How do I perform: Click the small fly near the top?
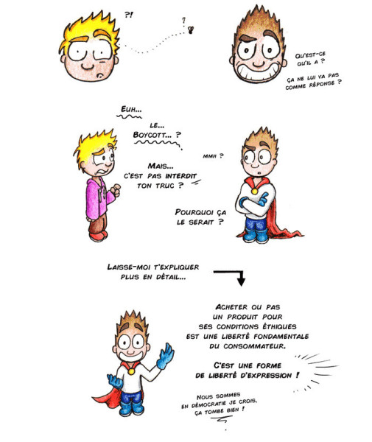tap(191, 29)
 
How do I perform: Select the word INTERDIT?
tap(180, 176)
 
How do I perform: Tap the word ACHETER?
tap(231, 307)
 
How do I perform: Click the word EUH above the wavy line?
tap(127, 109)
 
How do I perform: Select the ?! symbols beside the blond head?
tap(128, 15)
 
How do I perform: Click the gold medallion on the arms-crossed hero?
tap(254, 191)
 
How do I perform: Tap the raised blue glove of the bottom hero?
tap(165, 357)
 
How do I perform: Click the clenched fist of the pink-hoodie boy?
tap(116, 189)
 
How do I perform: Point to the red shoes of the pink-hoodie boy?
tap(99, 236)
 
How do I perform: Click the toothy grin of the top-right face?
tap(257, 72)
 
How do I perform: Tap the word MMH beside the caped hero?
tap(209, 156)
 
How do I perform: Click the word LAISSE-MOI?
tap(130, 267)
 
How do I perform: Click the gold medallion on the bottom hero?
tap(131, 371)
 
